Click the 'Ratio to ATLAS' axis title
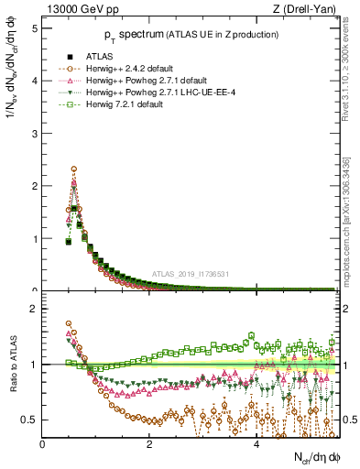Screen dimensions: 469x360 (12, 365)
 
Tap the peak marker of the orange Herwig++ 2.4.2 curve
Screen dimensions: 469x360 (74, 169)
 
